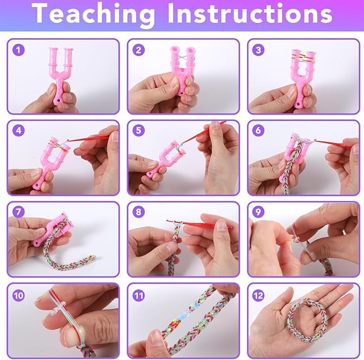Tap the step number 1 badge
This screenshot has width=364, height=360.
[18, 50]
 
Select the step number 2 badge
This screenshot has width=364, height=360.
[139, 50]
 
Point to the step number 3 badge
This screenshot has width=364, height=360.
[258, 50]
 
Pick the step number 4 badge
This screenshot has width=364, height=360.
[18, 130]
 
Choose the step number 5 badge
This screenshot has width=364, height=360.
[139, 130]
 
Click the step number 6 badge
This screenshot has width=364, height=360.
[258, 130]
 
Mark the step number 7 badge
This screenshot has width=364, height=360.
[18, 212]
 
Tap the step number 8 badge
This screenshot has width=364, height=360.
[139, 212]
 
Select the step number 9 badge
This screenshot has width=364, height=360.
[258, 212]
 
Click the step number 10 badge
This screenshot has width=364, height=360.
[18, 296]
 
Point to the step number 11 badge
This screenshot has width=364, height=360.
[139, 296]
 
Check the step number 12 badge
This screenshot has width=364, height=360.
[258, 296]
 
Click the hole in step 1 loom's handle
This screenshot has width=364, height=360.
[57, 102]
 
